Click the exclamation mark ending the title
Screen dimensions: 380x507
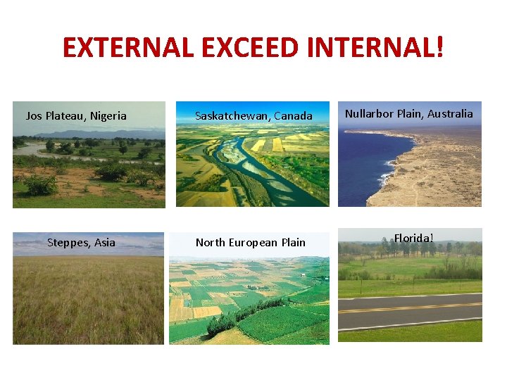(440, 48)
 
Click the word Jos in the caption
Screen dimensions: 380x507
(34, 116)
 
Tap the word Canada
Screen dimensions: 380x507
(293, 116)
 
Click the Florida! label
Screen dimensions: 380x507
(413, 238)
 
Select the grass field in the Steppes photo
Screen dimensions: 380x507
(88, 303)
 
